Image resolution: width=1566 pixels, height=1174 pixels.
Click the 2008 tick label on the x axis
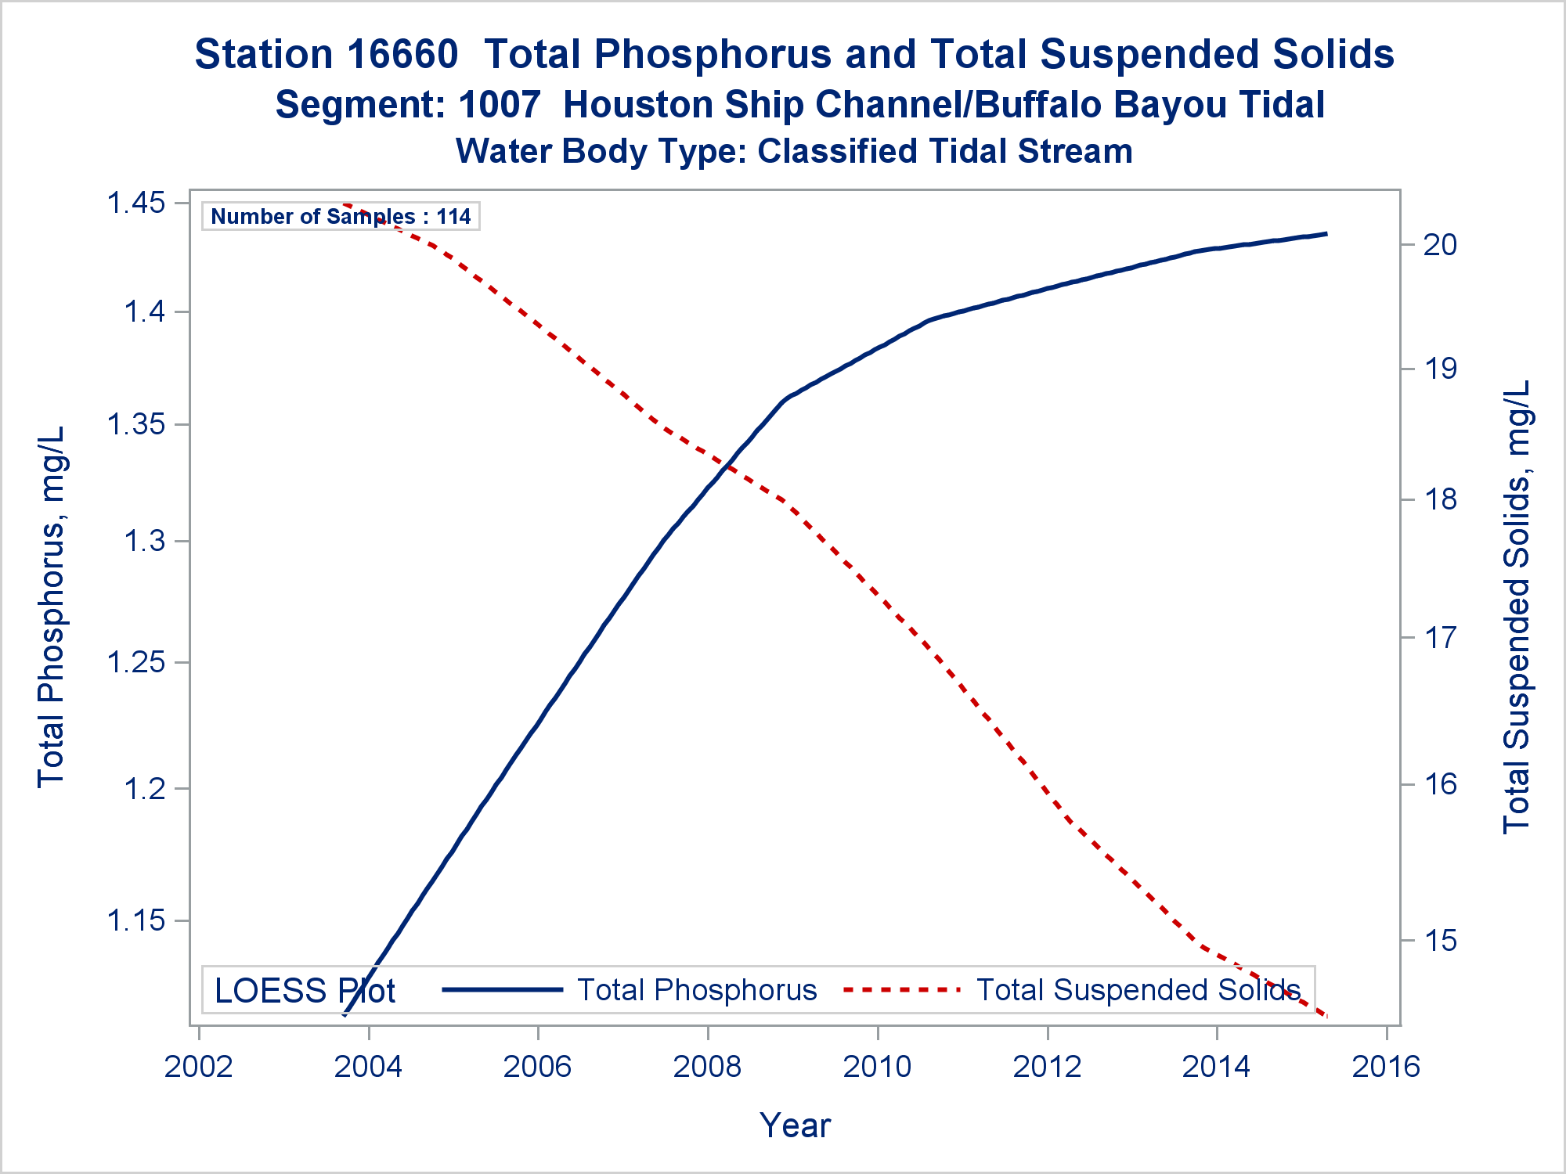pos(707,1067)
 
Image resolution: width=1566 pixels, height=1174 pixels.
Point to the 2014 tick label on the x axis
pos(1216,1067)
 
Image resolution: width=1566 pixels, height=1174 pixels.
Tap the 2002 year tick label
pos(199,1067)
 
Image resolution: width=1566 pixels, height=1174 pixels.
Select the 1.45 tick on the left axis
pos(137,203)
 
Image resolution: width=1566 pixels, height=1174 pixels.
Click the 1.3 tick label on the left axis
pos(145,541)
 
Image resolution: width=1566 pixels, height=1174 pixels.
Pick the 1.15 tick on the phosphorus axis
pos(137,920)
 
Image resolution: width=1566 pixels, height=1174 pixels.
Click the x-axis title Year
pos(795,1125)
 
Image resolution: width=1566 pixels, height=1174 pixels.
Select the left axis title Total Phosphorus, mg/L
pos(51,607)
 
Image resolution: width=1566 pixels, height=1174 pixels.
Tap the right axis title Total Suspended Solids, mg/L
pos(1517,607)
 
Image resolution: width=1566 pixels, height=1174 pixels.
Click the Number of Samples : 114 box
pos(341,216)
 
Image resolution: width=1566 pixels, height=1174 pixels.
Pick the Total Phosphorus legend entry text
pos(697,990)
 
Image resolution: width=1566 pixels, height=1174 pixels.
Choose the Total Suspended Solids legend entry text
pos(1138,990)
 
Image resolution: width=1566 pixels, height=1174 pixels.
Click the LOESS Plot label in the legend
pos(305,991)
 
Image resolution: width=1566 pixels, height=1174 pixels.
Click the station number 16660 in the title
pos(402,55)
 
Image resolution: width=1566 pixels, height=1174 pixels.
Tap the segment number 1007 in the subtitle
pos(500,105)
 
